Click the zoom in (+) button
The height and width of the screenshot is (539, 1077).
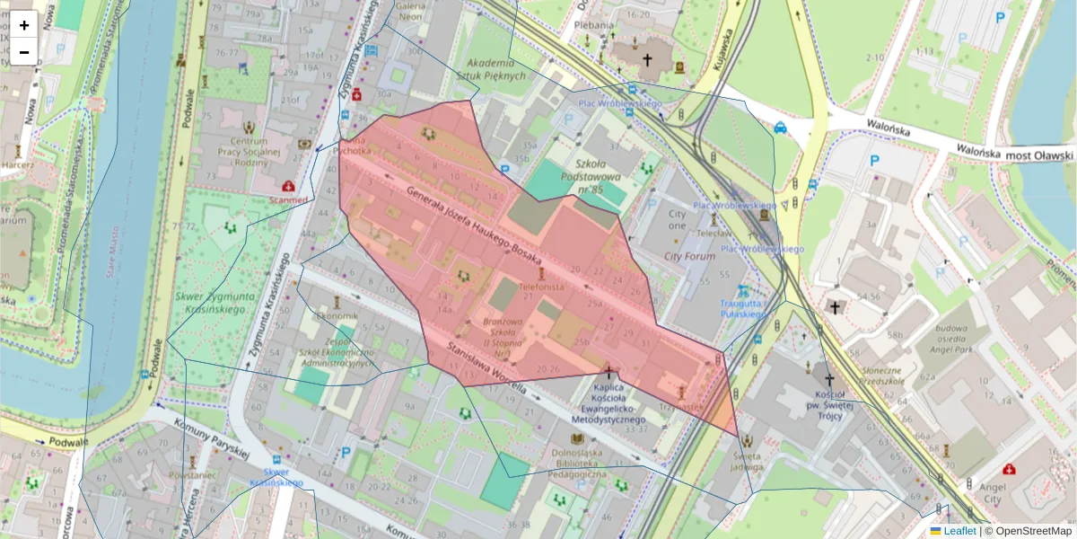[24, 25]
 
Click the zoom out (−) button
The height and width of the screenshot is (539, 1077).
[24, 52]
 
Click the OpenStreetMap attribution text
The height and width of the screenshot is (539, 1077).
[1032, 531]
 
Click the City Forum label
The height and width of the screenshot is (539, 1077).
[689, 256]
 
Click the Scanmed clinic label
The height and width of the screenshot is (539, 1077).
[288, 199]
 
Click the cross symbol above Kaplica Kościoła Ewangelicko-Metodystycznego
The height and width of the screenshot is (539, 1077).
[610, 370]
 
